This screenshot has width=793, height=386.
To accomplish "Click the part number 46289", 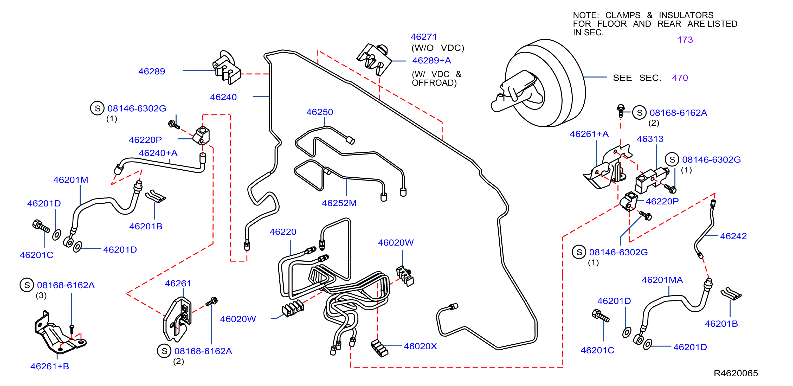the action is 152,72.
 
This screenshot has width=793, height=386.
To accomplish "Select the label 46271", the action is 424,37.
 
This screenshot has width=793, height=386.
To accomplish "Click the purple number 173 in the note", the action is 685,40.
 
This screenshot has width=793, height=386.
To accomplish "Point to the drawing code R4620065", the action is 736,373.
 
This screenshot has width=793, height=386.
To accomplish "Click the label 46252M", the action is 339,203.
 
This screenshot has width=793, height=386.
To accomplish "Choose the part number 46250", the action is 320,112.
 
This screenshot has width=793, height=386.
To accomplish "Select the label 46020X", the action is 420,346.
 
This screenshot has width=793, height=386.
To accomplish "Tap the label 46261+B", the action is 50,366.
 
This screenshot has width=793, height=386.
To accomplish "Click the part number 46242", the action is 733,236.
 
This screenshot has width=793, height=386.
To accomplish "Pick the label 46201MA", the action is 662,280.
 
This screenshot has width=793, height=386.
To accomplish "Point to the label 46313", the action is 650,139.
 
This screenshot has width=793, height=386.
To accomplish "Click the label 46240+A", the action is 158,153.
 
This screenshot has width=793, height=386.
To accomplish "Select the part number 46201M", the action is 71,180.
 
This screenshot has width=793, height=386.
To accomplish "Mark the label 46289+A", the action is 431,61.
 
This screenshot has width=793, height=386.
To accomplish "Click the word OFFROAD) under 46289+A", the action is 434,83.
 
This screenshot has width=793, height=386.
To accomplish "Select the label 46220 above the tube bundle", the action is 283,232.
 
